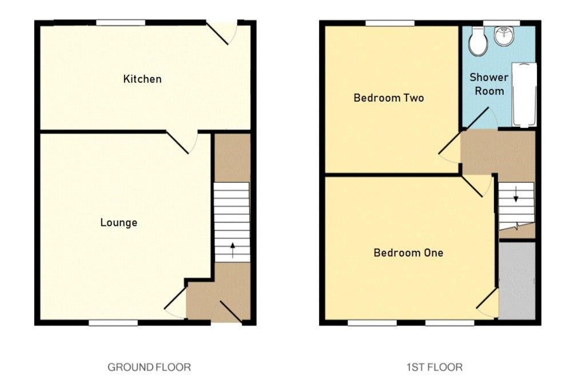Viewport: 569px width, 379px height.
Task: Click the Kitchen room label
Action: pos(142,79)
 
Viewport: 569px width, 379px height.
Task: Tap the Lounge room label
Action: pos(119,222)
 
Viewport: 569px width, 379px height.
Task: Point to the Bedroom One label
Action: pos(408,253)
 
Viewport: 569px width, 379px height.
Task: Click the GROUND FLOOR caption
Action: pos(149,367)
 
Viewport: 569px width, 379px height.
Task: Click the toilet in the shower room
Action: pos(476,39)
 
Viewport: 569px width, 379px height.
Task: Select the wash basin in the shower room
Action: pos(504,37)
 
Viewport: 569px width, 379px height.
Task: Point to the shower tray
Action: pos(523,95)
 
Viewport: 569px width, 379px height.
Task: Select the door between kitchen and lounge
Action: pos(182,142)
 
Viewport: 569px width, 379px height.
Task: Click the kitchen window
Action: pos(121,23)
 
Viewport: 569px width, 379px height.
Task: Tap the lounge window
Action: pos(113,323)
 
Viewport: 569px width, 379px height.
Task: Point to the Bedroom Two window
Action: pos(390,23)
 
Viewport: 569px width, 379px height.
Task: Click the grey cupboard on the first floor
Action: pos(517,281)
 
